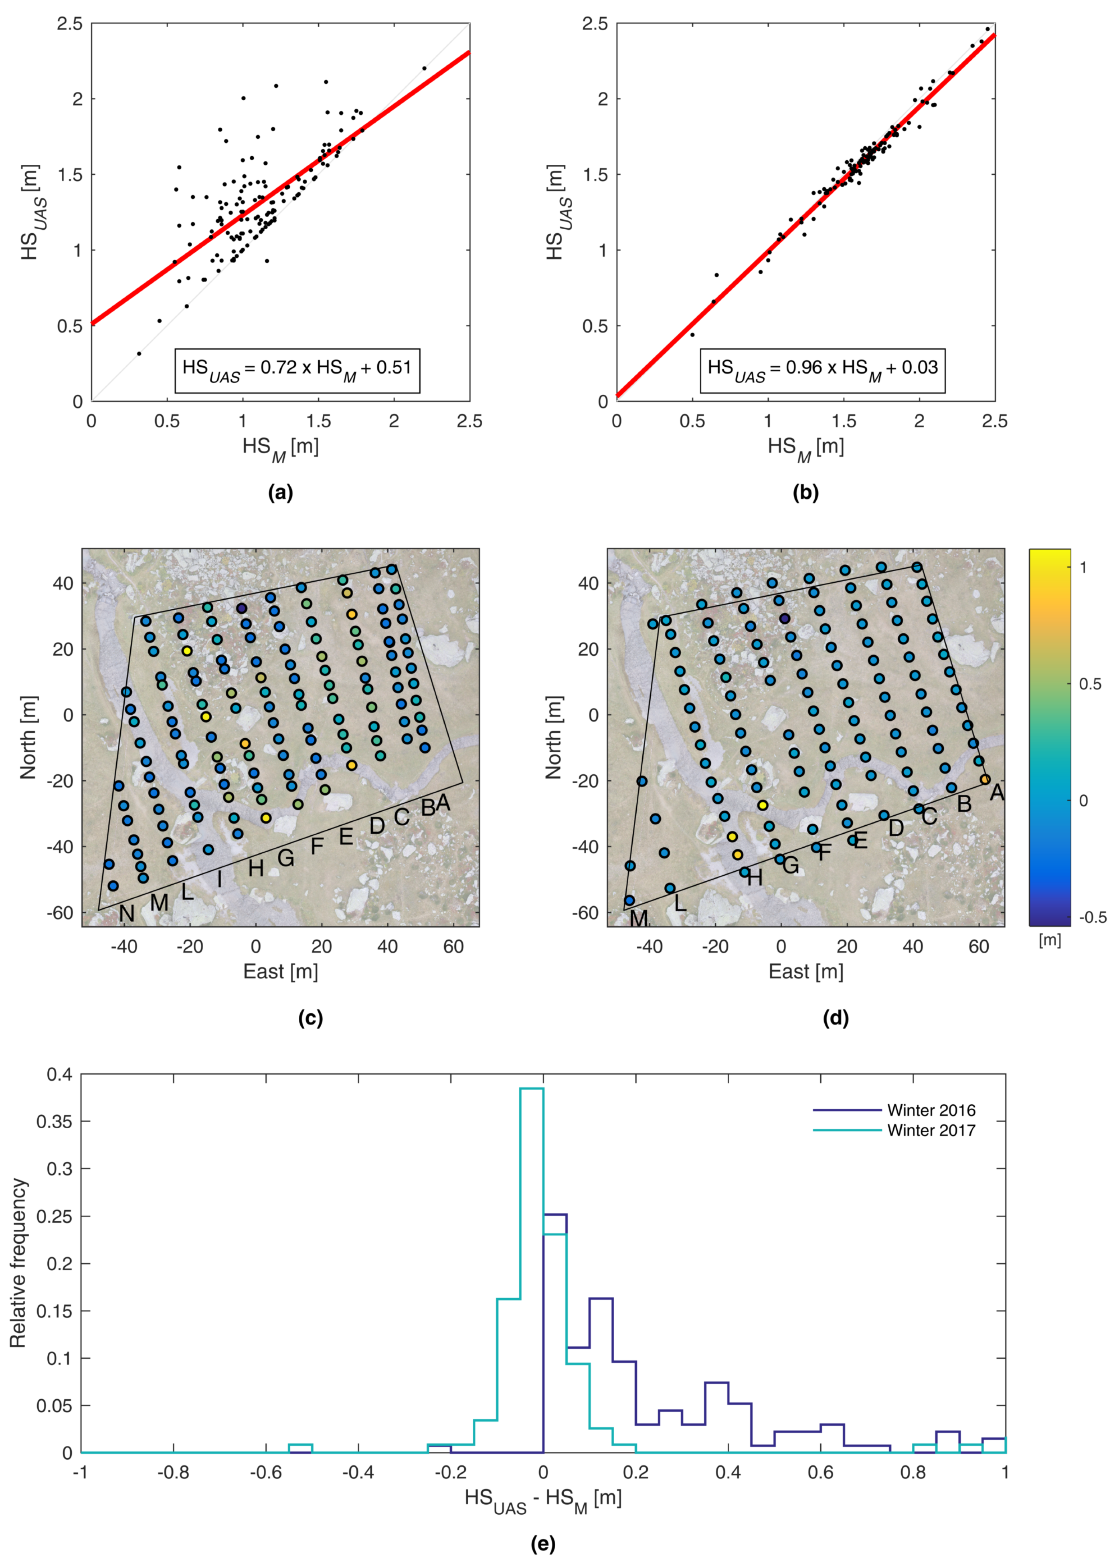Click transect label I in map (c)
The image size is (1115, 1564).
220,879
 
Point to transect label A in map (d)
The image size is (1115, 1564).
996,793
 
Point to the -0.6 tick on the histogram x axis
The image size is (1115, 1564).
266,1473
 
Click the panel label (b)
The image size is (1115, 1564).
805,493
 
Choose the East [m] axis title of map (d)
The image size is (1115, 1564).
805,972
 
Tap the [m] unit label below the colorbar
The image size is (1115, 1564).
1050,940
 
